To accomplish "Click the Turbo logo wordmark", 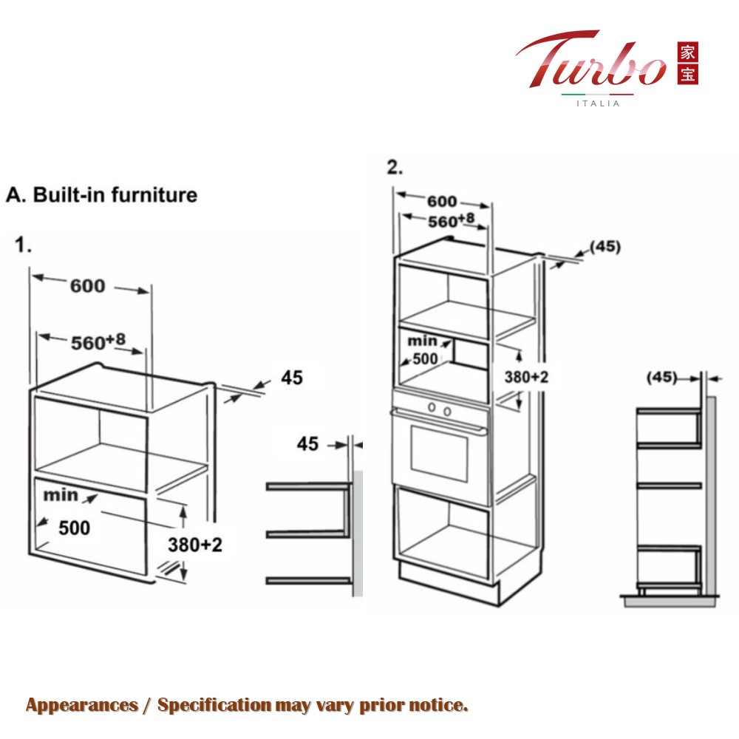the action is point(591,60).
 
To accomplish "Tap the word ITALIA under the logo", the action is point(598,103).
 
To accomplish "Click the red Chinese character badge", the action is point(687,64).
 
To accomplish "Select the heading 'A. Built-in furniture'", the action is point(102,194).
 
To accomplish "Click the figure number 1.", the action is point(23,245).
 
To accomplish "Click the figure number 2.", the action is point(395,167).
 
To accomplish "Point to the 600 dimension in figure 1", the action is point(88,285).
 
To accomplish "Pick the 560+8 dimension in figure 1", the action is point(98,342).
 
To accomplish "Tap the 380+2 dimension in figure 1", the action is point(195,545).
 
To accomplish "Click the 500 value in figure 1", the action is point(75,528).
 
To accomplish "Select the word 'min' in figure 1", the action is point(61,495).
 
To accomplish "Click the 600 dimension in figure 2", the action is point(442,202).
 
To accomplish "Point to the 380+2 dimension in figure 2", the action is point(526,377).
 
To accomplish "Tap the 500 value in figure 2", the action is point(425,359).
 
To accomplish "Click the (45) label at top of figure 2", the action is point(606,247).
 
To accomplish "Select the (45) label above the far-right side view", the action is point(661,377).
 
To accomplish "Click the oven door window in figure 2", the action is point(439,454).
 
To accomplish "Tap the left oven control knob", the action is point(432,406).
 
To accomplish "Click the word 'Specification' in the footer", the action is point(214,706).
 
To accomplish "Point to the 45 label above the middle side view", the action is point(307,444).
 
